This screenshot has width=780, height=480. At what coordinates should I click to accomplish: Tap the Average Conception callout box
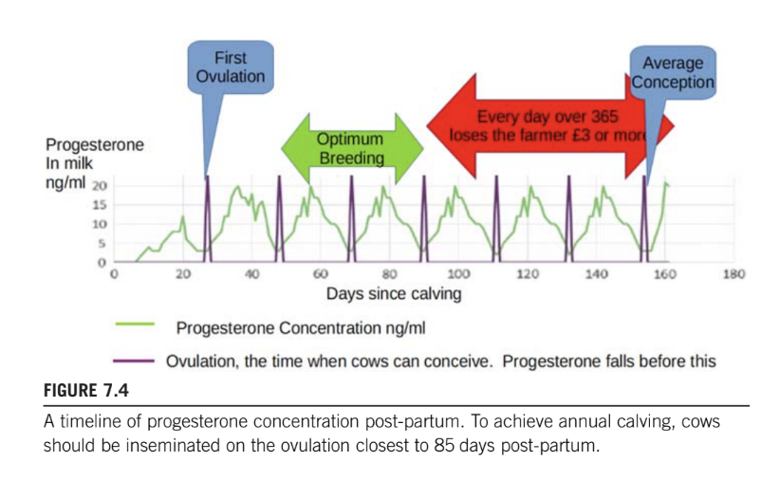pyautogui.click(x=673, y=73)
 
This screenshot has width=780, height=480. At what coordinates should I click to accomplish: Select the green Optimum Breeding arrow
pyautogui.click(x=351, y=148)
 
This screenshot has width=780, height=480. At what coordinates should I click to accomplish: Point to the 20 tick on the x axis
pyautogui.click(x=184, y=275)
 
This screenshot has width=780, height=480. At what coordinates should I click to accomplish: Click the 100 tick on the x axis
pyautogui.click(x=459, y=275)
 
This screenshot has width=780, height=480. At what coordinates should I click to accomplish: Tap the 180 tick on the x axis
pyautogui.click(x=734, y=275)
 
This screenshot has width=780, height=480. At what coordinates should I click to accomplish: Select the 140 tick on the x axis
pyautogui.click(x=596, y=275)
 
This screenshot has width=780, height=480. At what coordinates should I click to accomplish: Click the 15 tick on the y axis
pyautogui.click(x=98, y=205)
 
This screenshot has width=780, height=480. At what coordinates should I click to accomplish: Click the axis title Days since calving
pyautogui.click(x=394, y=294)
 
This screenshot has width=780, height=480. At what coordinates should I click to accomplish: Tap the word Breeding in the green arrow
pyautogui.click(x=350, y=157)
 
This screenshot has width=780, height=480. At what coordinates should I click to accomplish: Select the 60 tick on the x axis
pyautogui.click(x=322, y=275)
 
